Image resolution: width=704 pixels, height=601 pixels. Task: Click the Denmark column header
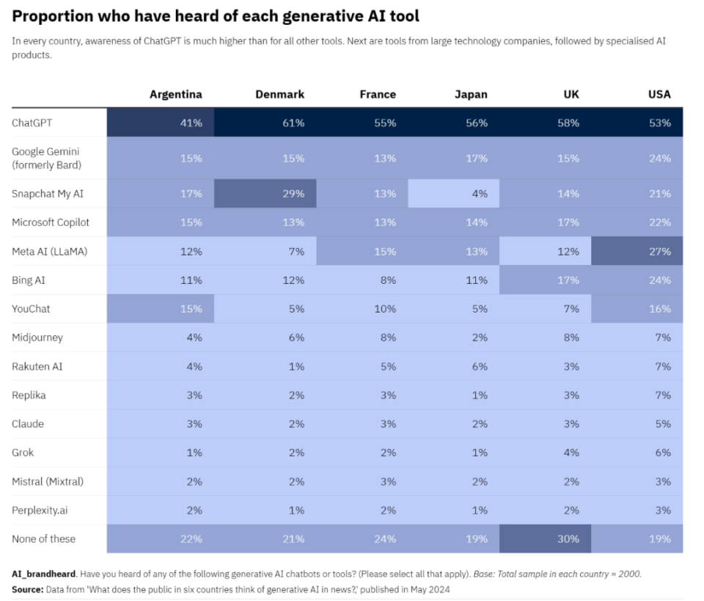coord(279,95)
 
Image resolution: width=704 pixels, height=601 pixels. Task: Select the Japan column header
coord(471,95)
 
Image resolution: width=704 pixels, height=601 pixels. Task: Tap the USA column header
coord(659,95)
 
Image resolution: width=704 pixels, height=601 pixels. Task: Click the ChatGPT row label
coord(32,123)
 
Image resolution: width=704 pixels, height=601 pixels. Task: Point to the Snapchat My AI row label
coord(48,194)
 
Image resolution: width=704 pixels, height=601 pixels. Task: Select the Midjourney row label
coord(37,338)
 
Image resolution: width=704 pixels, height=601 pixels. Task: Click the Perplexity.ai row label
coord(40,510)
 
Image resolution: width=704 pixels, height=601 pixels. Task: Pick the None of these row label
coord(43,539)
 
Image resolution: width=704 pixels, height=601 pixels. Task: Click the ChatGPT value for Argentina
coord(191,123)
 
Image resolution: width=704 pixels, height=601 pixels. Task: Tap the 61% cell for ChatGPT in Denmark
coord(293,123)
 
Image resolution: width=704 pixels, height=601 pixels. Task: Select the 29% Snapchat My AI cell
coord(293,194)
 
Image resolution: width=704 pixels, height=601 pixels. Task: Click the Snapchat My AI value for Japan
coord(480,194)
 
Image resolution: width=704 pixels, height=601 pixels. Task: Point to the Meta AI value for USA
coord(659,251)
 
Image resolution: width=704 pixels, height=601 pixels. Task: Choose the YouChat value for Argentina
coord(191,309)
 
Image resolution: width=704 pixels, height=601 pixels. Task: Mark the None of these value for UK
coord(568,539)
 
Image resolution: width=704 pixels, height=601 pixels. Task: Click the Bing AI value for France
coord(388,280)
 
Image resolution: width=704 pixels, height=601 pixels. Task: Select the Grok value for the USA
coord(663,452)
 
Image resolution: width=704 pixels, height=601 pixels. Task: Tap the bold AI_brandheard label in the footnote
coord(43,574)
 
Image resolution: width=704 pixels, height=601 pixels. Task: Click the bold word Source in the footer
coord(27,589)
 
